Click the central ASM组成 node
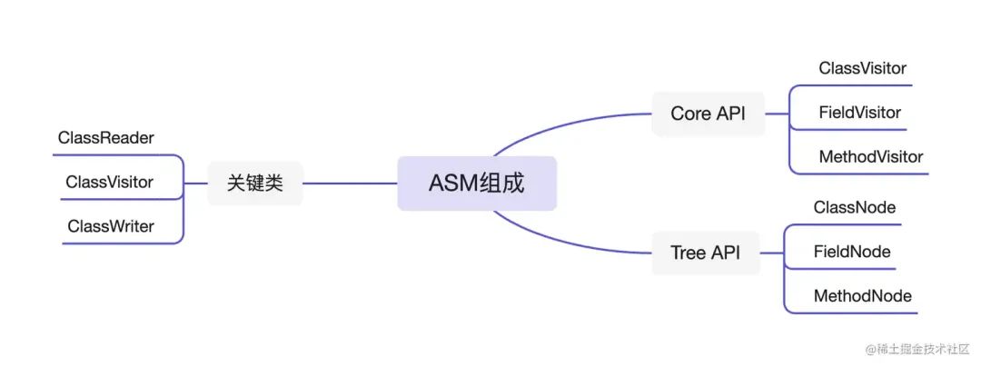coord(476,183)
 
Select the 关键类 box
coord(254,183)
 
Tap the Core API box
coord(708,114)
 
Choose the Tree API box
coord(705,253)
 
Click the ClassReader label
coord(106,138)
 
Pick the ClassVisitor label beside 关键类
coord(109,183)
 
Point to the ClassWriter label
coord(111,226)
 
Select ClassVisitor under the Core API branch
coord(862,68)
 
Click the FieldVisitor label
coord(859,113)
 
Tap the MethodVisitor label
coord(870,157)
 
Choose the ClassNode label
coord(854,207)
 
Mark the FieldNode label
coord(852,252)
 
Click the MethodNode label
coord(862,296)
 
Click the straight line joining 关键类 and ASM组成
coord(350,183)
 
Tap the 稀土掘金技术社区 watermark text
coord(920,349)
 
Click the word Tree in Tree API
coord(688,253)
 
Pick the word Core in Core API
coord(690,114)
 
